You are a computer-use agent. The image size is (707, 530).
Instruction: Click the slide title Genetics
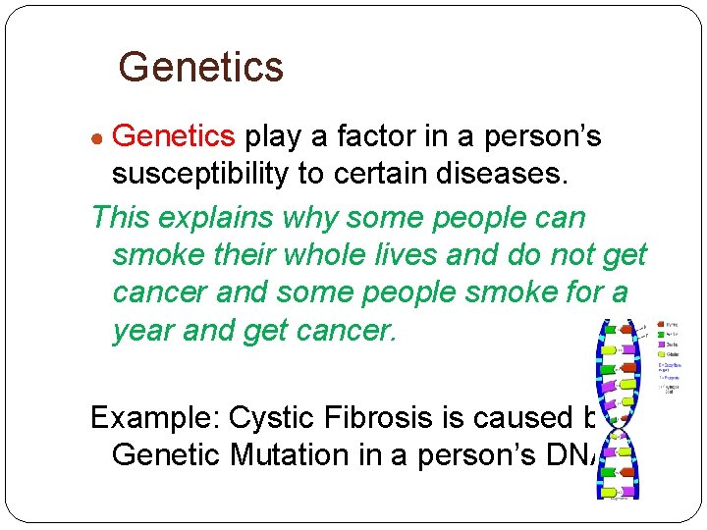pyautogui.click(x=200, y=68)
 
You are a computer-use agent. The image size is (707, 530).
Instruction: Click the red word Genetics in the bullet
pyautogui.click(x=174, y=136)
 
